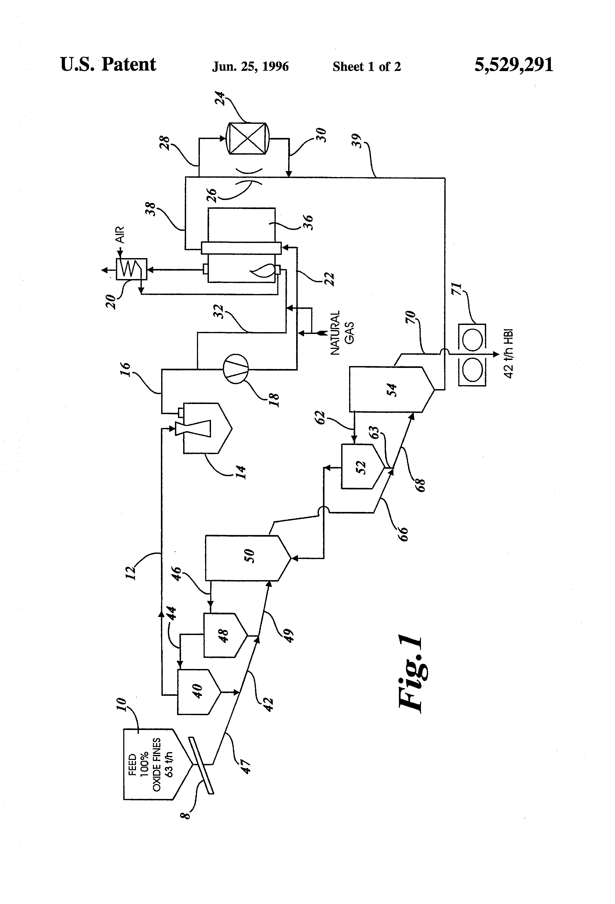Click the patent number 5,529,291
point(513,65)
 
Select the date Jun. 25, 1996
point(250,67)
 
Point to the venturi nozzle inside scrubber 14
point(194,428)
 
